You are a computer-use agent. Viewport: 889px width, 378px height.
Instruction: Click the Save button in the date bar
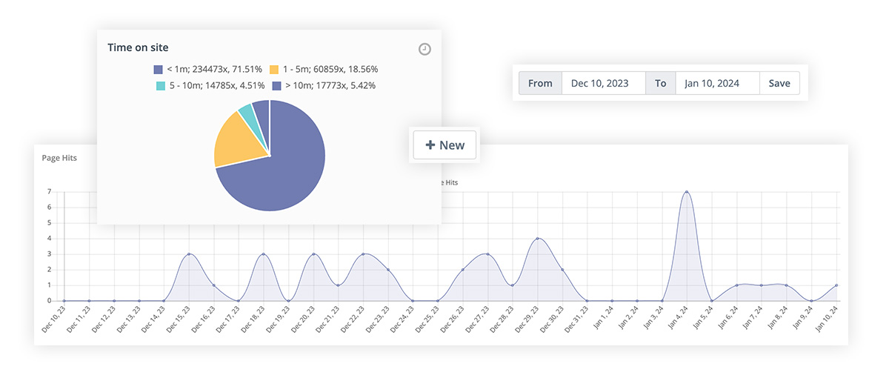coord(779,83)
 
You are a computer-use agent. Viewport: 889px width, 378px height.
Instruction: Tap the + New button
coord(445,145)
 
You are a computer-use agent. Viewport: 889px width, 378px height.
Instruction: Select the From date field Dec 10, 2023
coord(604,83)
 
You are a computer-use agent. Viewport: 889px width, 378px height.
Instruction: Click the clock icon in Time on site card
coord(424,49)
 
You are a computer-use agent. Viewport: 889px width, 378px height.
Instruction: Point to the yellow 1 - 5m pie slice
coord(237,144)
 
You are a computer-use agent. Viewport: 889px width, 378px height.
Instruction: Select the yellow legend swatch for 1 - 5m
coord(274,70)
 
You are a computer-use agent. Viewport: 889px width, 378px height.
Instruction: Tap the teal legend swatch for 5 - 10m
coord(160,86)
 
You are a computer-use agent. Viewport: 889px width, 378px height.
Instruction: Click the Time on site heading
coord(138,47)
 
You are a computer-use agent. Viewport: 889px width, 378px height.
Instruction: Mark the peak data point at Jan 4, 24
coord(687,192)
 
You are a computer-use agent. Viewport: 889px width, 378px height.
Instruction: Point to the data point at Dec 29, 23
coord(537,239)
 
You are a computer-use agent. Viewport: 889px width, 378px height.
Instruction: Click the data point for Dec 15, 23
coord(189,254)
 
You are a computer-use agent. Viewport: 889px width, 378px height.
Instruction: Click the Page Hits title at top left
coord(59,158)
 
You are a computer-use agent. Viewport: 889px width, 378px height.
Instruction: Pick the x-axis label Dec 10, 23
coord(54,320)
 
